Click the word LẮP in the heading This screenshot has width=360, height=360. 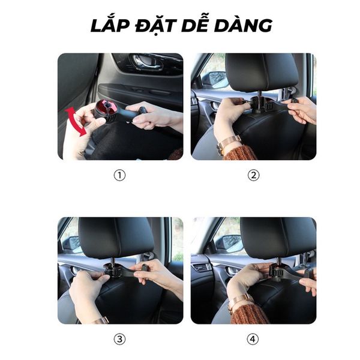[x=110, y=25]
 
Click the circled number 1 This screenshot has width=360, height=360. [x=120, y=176]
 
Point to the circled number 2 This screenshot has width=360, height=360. [x=253, y=176]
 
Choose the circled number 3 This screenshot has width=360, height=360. [x=120, y=340]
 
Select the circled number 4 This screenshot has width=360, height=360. [x=253, y=340]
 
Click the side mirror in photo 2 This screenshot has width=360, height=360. [x=215, y=80]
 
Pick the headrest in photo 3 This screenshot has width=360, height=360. [x=116, y=237]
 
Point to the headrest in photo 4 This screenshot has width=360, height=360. [x=277, y=237]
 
